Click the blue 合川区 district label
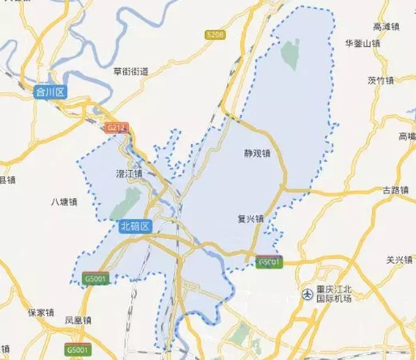51,92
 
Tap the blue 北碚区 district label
135,227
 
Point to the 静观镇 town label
258,154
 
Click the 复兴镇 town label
250,218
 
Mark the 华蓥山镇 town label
363,43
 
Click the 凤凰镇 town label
78,320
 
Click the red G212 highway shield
117,128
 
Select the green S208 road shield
215,34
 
